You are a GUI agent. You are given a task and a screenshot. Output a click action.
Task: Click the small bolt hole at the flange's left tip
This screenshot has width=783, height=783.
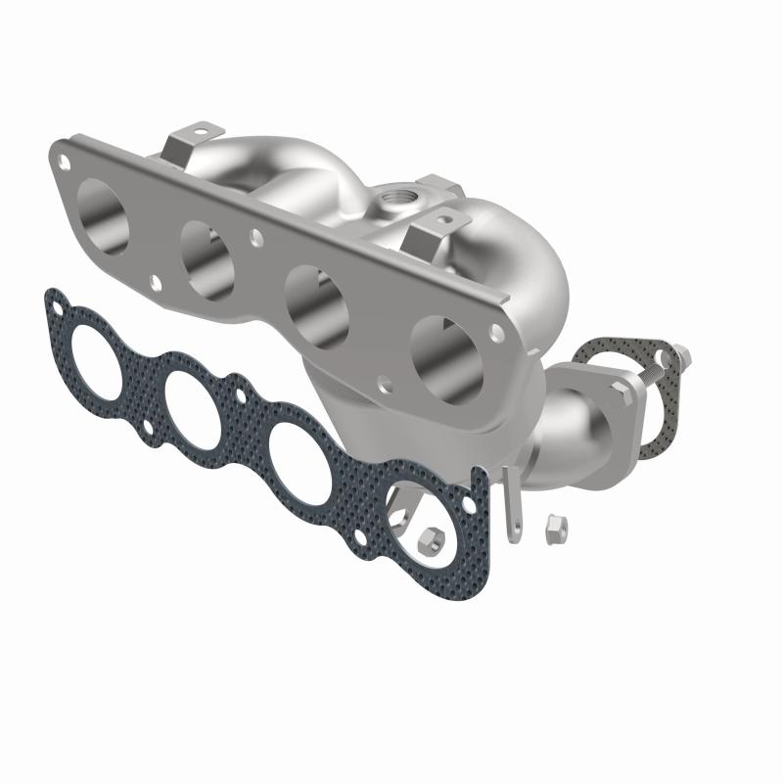tap(65, 156)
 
